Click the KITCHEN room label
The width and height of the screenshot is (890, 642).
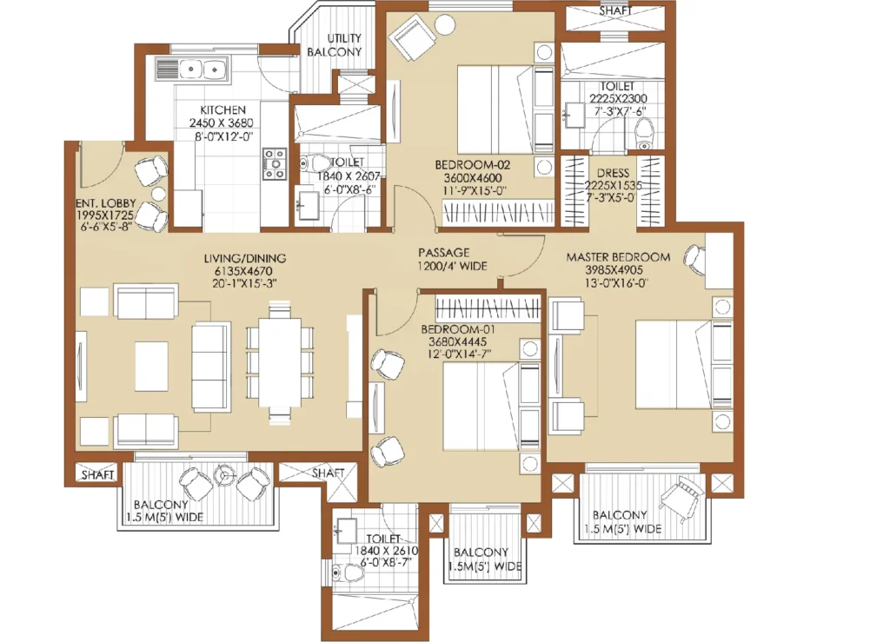[x=222, y=109]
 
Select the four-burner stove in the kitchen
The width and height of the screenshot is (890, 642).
[x=274, y=164]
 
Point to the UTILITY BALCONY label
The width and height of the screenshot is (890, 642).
[x=335, y=45]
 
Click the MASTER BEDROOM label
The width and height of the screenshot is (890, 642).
[x=618, y=257]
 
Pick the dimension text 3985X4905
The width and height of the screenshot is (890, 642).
[x=614, y=270]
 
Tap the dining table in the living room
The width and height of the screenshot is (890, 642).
[x=280, y=362]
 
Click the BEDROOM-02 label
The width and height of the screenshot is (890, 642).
[x=472, y=165]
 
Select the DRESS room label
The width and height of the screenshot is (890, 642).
[x=613, y=173]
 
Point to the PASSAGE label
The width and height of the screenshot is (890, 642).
[x=444, y=253]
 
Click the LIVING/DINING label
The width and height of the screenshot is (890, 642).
[x=244, y=258]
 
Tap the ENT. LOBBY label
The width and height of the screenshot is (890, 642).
[x=106, y=203]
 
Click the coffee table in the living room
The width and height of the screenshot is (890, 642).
[x=151, y=366]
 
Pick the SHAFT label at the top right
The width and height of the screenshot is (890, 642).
[x=616, y=10]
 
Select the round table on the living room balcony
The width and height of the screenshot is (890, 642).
[x=225, y=475]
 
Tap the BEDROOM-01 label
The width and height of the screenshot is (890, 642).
[x=458, y=329]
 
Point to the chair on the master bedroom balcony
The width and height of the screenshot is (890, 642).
[x=681, y=499]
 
